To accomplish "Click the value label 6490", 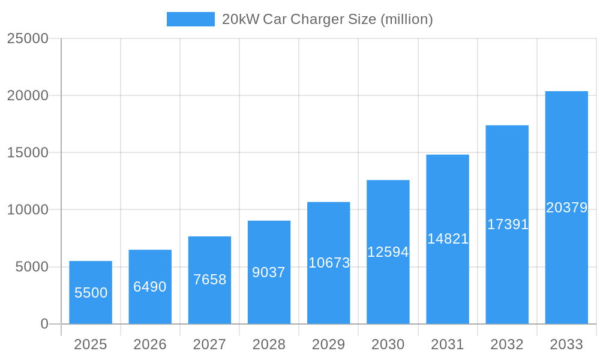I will coord(150,287).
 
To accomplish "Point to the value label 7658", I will coord(209,280).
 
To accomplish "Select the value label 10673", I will coord(329,263).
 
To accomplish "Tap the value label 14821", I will coord(448,239).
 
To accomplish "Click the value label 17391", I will coord(508,224).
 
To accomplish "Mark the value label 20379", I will coord(566,208).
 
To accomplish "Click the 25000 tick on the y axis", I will coord(28,38).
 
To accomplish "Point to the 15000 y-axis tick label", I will coord(28,152).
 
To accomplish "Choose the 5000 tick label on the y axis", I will coord(32,267).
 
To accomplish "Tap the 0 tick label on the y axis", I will coord(44,324).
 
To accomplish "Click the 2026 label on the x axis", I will coord(150,344).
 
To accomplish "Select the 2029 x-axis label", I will coord(329,344).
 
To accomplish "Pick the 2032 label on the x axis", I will coord(507,344).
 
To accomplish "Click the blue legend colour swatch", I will coord(191,19).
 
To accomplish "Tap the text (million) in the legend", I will coord(407,19).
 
